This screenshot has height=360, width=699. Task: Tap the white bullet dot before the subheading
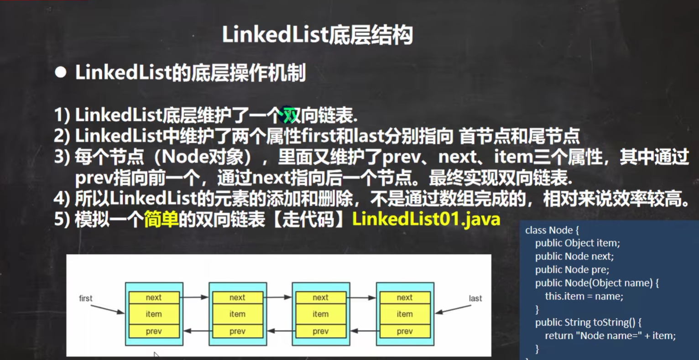pyautogui.click(x=60, y=73)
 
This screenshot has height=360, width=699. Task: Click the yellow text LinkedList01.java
pyautogui.click(x=426, y=219)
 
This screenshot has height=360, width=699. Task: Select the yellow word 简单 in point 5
pyautogui.click(x=161, y=219)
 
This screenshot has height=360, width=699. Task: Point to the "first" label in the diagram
pyautogui.click(x=85, y=298)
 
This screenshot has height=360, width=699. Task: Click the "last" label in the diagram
pyautogui.click(x=475, y=298)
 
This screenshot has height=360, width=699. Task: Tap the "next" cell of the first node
pyautogui.click(x=154, y=297)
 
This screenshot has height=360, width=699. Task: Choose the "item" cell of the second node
pyautogui.click(x=237, y=314)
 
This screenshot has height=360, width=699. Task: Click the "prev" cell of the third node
pyautogui.click(x=320, y=331)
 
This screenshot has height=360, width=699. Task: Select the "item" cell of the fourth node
pyautogui.click(x=404, y=314)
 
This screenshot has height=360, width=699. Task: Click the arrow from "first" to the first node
pyautogui.click(x=107, y=309)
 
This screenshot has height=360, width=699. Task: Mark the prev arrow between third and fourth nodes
pyautogui.click(x=363, y=331)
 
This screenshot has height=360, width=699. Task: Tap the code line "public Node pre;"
pyautogui.click(x=572, y=270)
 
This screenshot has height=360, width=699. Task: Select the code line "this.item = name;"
pyautogui.click(x=584, y=296)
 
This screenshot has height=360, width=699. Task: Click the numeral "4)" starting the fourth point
pyautogui.click(x=62, y=198)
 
